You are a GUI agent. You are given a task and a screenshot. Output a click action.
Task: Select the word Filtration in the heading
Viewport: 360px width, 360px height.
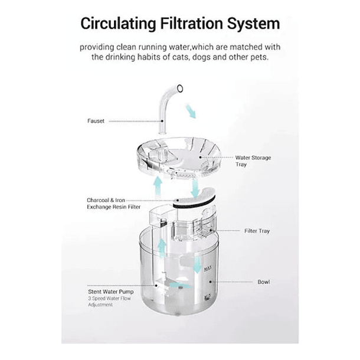tap(185, 24)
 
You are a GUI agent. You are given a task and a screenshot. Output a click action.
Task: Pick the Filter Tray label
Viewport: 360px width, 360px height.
tap(257, 231)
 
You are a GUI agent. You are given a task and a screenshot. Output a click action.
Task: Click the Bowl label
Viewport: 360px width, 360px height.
tap(263, 282)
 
